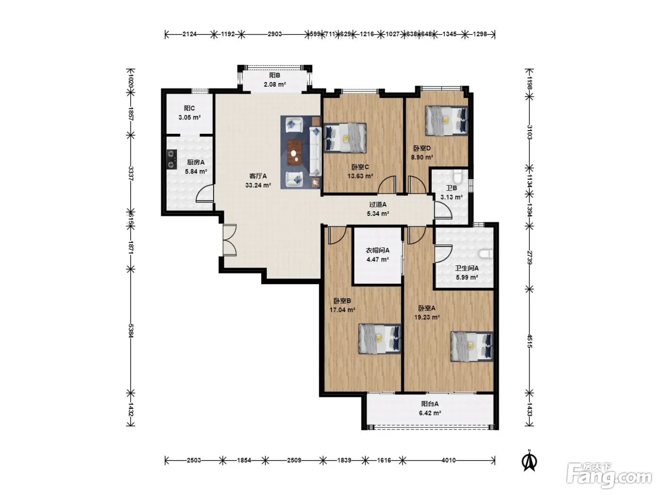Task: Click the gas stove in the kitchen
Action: pyautogui.click(x=172, y=159)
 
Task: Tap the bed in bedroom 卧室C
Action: pyautogui.click(x=345, y=138)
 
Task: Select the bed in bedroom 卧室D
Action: pyautogui.click(x=446, y=121)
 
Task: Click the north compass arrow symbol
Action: pyautogui.click(x=529, y=460)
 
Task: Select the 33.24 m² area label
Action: pyautogui.click(x=258, y=185)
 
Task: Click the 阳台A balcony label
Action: pyautogui.click(x=429, y=404)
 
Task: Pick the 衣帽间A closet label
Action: pyautogui.click(x=377, y=250)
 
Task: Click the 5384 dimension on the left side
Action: pyautogui.click(x=131, y=330)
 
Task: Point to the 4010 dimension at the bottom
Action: pyautogui.click(x=448, y=460)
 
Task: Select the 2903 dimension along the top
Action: pyautogui.click(x=274, y=34)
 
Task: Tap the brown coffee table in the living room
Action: pyautogui.click(x=294, y=152)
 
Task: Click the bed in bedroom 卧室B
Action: pyautogui.click(x=379, y=338)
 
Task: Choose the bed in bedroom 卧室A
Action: pyautogui.click(x=471, y=346)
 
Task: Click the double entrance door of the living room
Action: pyautogui.click(x=230, y=240)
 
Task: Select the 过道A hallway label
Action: pyautogui.click(x=378, y=205)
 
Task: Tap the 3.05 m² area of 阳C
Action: pyautogui.click(x=190, y=117)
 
